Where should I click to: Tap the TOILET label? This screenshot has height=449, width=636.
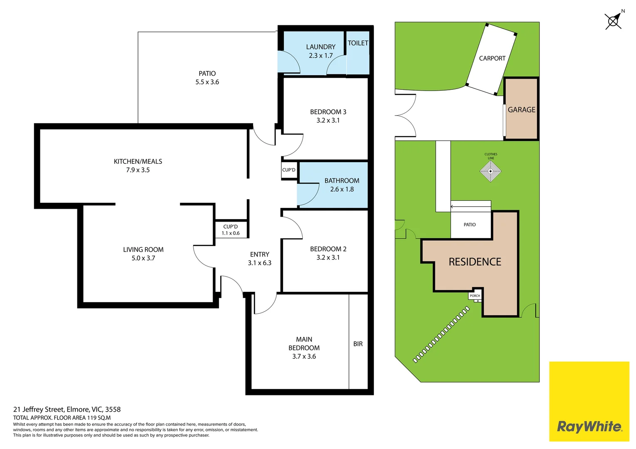coord(358,43)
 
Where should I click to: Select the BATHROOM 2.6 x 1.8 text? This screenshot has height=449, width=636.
coord(342,185)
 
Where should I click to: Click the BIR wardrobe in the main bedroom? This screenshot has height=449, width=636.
coord(358,343)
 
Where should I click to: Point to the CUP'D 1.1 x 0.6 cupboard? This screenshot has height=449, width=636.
coord(231,229)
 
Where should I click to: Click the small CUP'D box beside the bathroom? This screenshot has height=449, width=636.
coord(289,170)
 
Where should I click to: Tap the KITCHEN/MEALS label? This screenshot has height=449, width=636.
coord(138,161)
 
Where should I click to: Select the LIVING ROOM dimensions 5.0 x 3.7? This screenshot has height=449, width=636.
coord(143,258)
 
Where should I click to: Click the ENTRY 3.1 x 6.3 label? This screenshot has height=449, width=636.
coord(259,258)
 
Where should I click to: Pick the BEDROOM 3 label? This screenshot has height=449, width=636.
coord(328,112)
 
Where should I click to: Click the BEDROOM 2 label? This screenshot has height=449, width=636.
coord(328,249)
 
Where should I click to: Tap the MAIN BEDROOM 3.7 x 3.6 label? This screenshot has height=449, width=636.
coord(304,348)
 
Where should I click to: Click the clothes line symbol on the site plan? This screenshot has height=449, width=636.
coord(490,171)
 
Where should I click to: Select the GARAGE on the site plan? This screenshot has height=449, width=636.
coord(521,109)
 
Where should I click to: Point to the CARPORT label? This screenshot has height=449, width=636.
coord(492,58)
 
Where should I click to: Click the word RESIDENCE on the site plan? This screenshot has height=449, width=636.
coord(475,262)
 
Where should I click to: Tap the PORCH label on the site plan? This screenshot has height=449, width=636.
coord(475,296)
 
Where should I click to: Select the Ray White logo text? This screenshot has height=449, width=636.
coord(589,426)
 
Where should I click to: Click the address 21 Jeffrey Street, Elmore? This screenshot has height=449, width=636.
coord(67,409)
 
